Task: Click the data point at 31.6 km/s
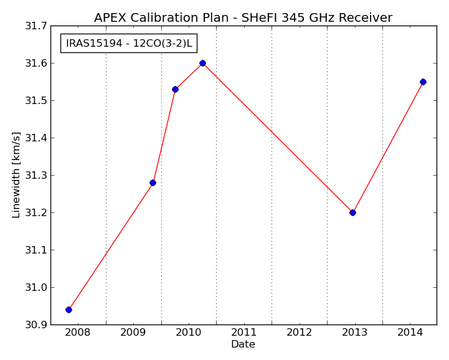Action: [203, 64]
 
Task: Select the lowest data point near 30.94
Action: [69, 310]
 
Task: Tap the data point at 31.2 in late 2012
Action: [352, 212]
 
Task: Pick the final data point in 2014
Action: [423, 82]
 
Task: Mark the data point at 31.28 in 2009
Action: [153, 182]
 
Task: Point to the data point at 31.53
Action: [175, 89]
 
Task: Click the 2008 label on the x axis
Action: [78, 333]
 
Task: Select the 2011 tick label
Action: [243, 333]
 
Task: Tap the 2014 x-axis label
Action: [410, 333]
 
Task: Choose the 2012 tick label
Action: [300, 333]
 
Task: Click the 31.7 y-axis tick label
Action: [36, 26]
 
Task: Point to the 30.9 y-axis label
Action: [36, 324]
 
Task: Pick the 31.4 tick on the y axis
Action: [36, 138]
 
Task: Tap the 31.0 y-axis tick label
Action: [36, 288]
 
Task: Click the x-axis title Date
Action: [243, 344]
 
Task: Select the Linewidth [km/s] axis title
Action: [16, 175]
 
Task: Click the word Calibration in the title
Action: [164, 18]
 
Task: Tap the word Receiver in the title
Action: [366, 18]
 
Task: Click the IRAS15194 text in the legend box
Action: [94, 43]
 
